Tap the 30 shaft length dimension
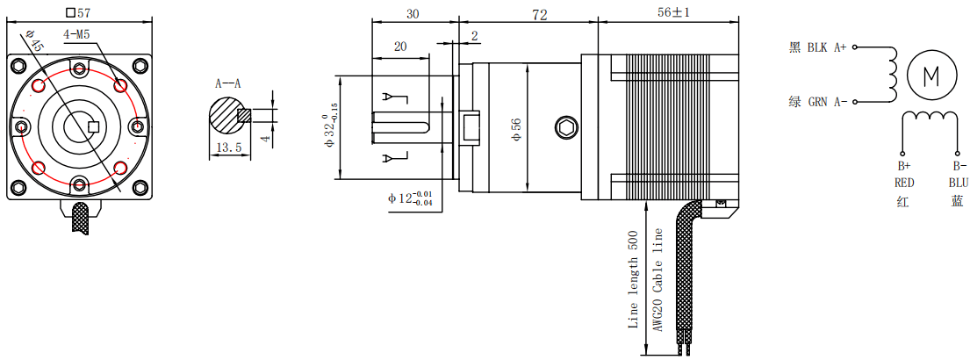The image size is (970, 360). [x=413, y=14]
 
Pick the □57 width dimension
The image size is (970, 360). [x=80, y=13]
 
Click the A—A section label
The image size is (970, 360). [x=228, y=84]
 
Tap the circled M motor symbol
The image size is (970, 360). [x=930, y=75]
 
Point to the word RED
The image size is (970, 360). [x=905, y=183]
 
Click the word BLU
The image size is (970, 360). [x=958, y=183]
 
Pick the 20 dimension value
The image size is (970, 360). [x=400, y=47]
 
